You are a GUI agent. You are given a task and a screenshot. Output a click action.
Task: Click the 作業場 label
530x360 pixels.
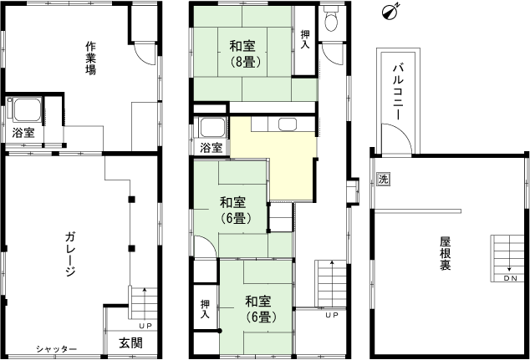[90, 58]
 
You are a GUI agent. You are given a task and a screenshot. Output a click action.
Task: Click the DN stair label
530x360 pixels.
[510, 278]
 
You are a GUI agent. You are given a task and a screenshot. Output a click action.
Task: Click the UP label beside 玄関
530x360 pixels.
[145, 326]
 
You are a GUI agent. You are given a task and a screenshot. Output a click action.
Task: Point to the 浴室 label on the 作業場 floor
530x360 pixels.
[23, 133]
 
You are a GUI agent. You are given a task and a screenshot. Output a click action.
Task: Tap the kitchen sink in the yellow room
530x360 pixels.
[288, 125]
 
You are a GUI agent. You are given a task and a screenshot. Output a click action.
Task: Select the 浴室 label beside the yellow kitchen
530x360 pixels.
[211, 148]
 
